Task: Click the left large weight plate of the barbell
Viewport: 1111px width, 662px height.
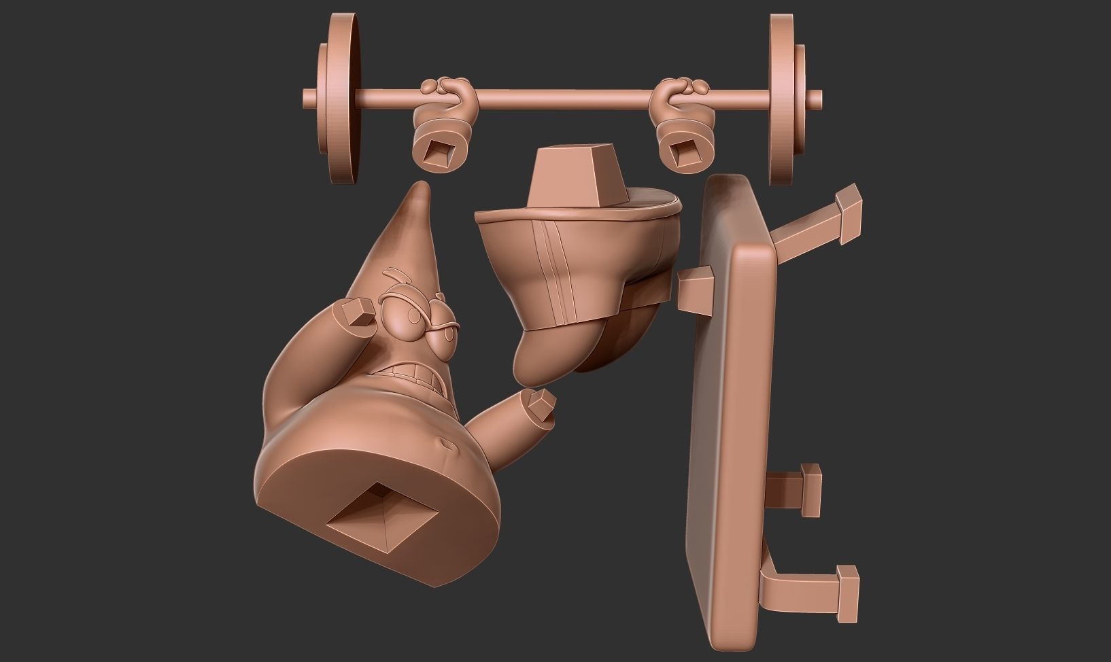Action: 345,99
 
